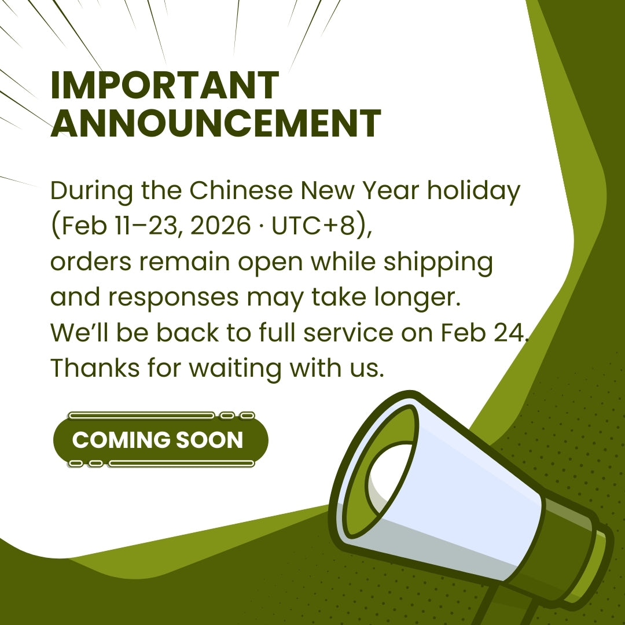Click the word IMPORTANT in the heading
[x=164, y=85]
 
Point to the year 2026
[x=220, y=226]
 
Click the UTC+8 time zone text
[x=313, y=226]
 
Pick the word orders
[x=90, y=262]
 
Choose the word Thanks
[x=95, y=367]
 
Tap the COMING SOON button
[x=161, y=440]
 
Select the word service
[x=348, y=333]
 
